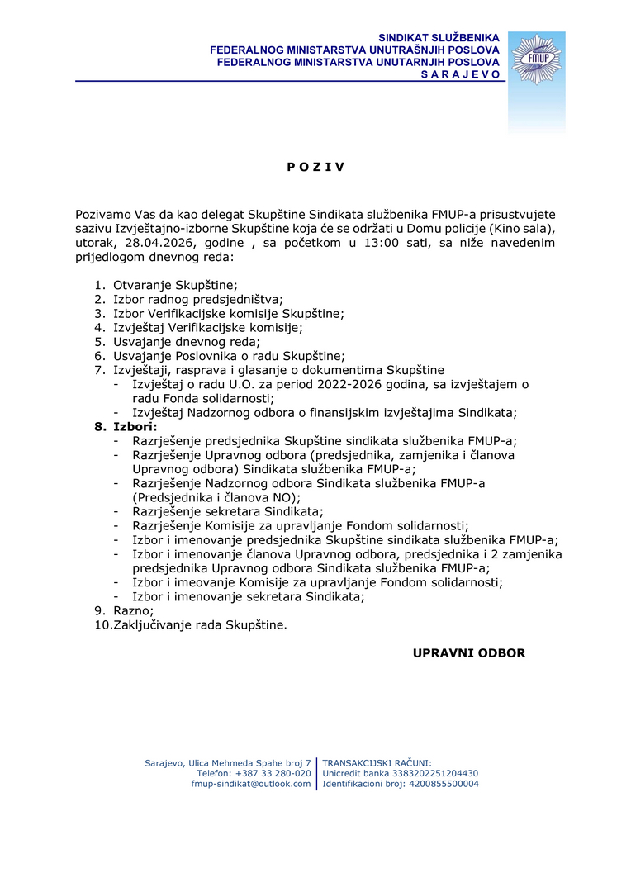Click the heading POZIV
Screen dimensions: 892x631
coord(315,167)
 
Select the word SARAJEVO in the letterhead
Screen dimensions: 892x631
coord(461,74)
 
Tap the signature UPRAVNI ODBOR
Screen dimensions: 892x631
coord(469,653)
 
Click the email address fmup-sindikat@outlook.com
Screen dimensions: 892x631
coord(251,784)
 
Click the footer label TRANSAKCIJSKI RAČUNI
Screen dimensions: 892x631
coord(377,762)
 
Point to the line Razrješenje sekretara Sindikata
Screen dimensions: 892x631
coord(228,511)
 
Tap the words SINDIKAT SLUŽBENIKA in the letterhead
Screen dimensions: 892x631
coord(439,38)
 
